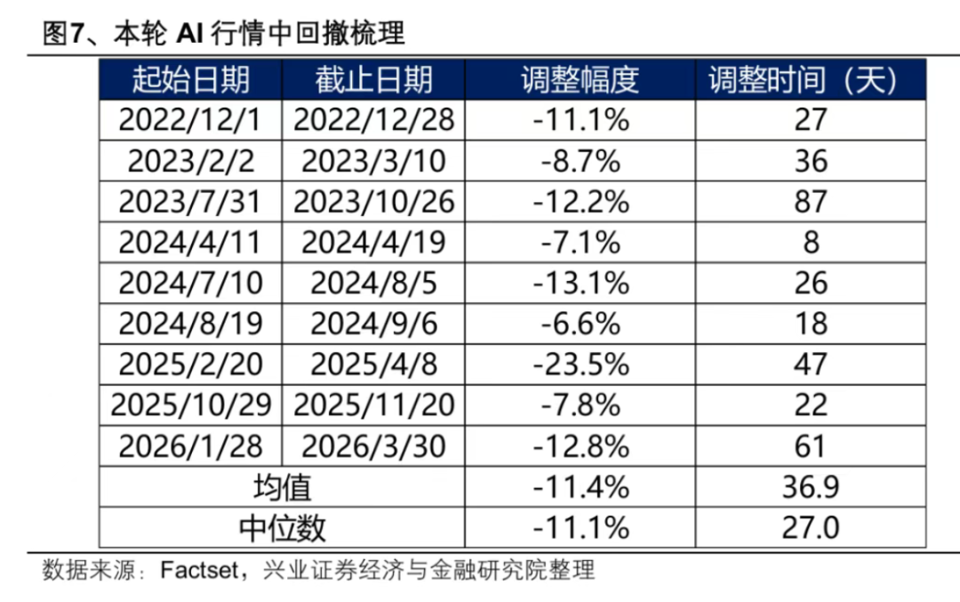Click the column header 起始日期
190,80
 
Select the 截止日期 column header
373,80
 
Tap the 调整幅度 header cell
580,80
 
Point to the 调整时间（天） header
803,80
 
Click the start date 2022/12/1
190,120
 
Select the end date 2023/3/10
373,161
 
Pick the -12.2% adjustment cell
581,202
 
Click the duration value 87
811,202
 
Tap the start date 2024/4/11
190,243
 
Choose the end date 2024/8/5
373,283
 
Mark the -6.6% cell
580,324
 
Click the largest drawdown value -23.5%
581,365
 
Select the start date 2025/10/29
190,405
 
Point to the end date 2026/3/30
373,446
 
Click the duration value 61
810,446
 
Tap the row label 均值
283,487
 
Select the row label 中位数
283,528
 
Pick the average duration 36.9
810,487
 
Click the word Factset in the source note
199,570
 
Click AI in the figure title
189,33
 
